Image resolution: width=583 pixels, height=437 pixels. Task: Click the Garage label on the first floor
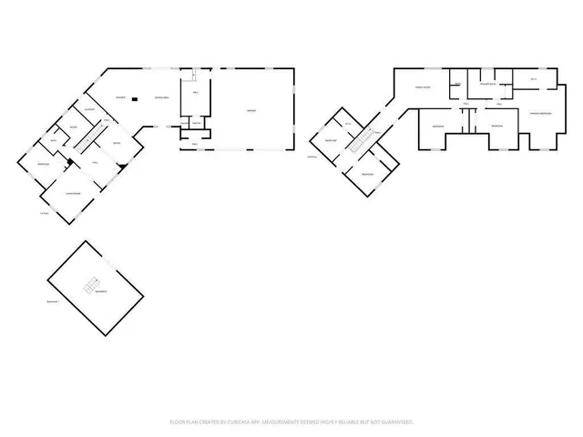click(x=251, y=111)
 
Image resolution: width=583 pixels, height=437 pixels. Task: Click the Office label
click(x=117, y=144)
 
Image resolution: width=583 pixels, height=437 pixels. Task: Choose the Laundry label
click(x=90, y=111)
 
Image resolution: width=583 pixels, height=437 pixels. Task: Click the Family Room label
click(x=423, y=87)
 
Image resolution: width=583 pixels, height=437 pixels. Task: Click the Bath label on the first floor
click(x=56, y=139)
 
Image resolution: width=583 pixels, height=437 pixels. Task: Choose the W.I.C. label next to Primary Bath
click(x=533, y=80)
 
